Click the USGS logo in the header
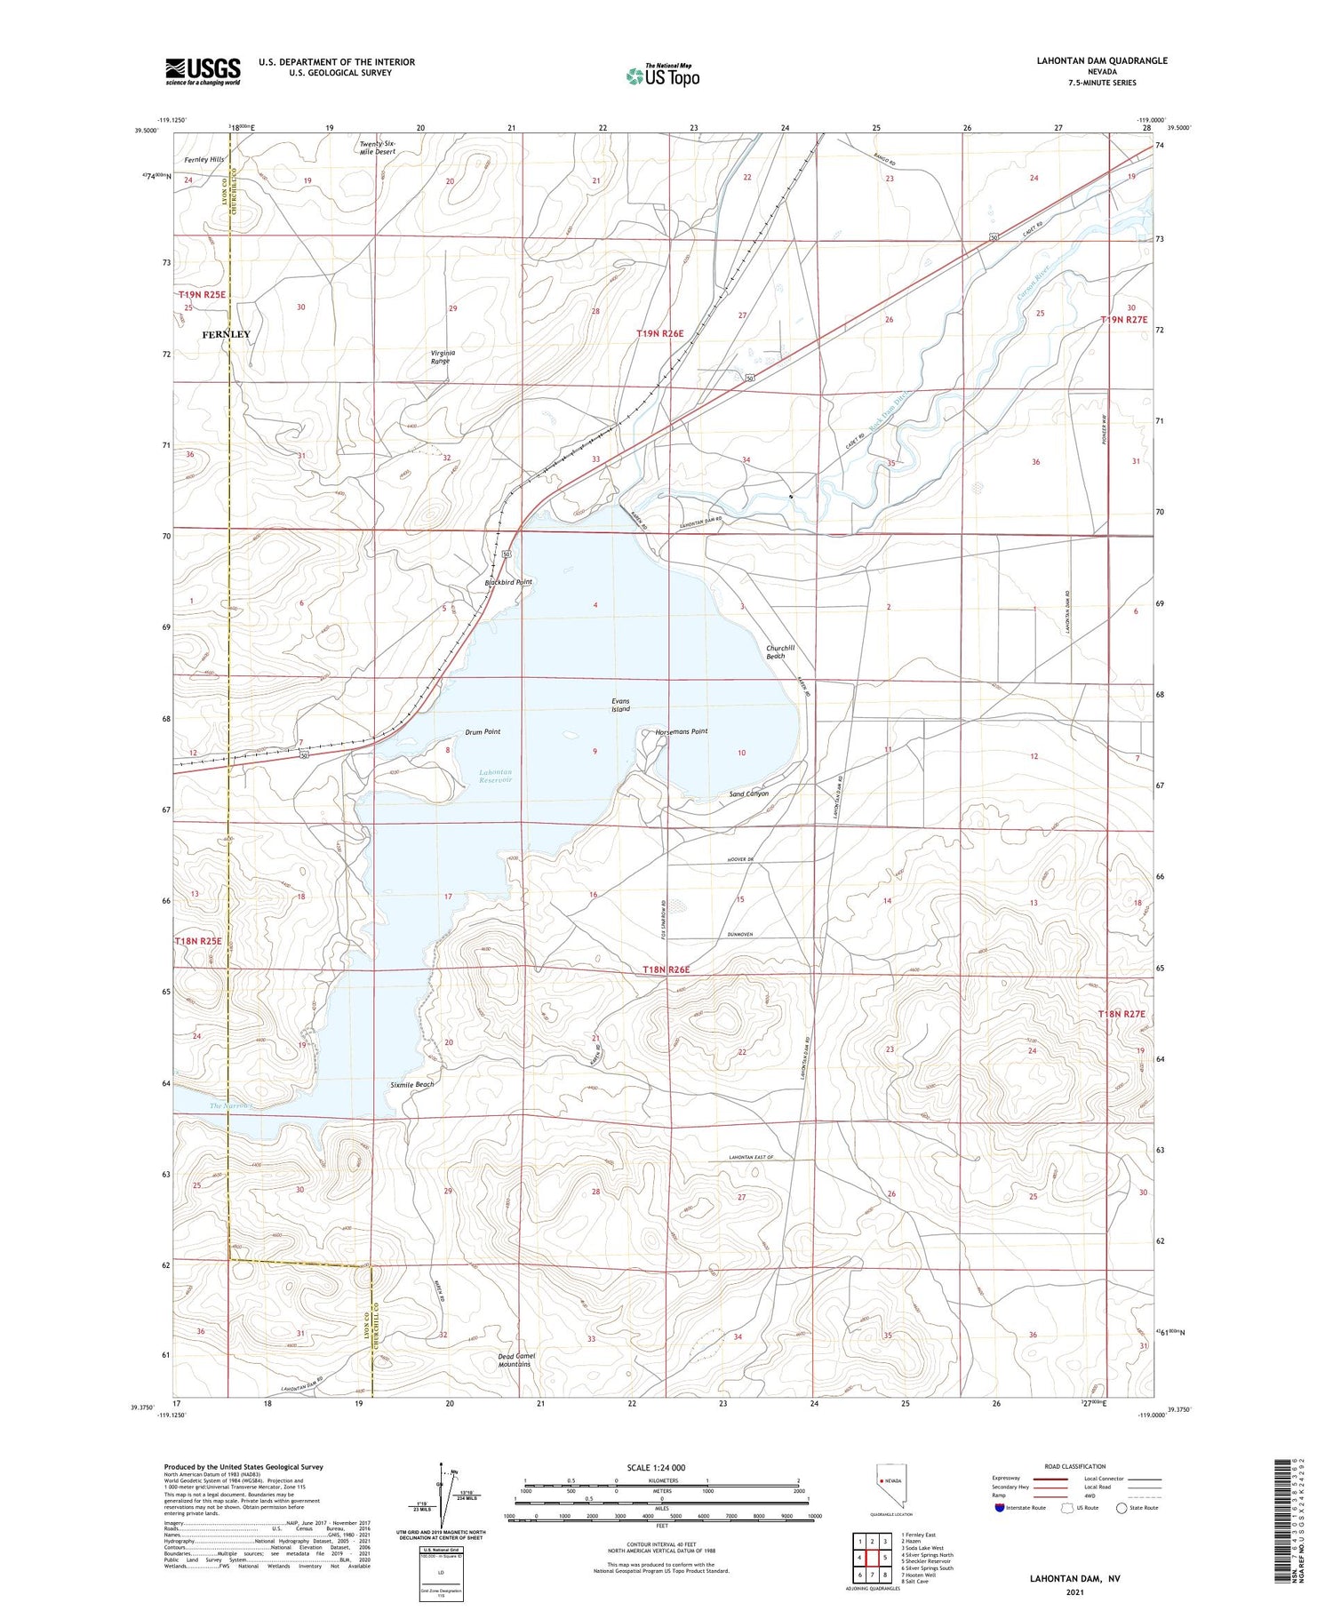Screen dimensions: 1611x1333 tap(203, 71)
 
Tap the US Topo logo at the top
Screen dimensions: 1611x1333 tap(663, 76)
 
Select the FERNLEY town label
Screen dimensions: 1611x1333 tap(226, 334)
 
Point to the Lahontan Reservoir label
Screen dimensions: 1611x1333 tap(495, 777)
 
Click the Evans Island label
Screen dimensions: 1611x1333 tap(620, 705)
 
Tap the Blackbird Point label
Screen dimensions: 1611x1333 tap(508, 582)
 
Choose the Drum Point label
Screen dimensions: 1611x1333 tap(483, 732)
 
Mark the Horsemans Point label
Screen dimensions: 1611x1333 tap(682, 731)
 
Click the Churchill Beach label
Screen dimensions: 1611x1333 tap(776, 651)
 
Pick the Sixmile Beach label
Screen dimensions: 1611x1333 tap(411, 1084)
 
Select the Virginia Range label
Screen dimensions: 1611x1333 tap(440, 356)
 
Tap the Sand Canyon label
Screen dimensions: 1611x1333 tap(748, 794)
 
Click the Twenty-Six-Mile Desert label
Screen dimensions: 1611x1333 tap(377, 148)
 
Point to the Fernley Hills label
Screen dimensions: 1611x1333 tap(204, 159)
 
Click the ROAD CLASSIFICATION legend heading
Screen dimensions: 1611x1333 tap(1074, 1466)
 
